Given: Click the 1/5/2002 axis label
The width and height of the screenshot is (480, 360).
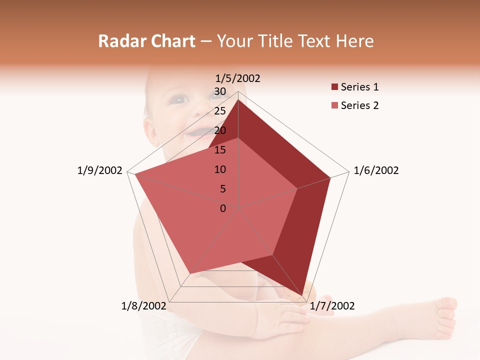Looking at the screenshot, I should (x=237, y=78).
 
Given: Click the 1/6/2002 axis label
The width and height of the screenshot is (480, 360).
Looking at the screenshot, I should (x=376, y=170).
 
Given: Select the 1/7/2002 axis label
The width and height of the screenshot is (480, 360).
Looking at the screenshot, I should (x=332, y=305).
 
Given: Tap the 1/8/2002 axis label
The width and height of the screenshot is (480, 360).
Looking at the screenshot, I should (x=144, y=305).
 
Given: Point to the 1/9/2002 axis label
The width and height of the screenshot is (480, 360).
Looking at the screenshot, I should (x=99, y=170).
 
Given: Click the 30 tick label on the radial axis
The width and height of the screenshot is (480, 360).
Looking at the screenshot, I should (x=220, y=91).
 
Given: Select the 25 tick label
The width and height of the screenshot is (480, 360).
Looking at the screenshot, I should (x=220, y=111).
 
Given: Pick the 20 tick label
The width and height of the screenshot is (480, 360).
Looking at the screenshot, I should (x=220, y=130).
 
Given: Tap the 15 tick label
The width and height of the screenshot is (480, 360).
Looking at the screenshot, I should (x=220, y=150).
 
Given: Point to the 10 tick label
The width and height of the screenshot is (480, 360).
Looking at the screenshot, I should (x=220, y=169).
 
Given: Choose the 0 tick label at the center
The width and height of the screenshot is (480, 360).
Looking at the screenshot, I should (x=223, y=208).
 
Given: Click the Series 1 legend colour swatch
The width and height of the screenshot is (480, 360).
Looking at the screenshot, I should (x=334, y=87).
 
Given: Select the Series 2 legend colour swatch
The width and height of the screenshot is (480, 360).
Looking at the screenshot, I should (x=334, y=105).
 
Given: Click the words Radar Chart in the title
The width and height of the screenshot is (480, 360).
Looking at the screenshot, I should (x=146, y=41).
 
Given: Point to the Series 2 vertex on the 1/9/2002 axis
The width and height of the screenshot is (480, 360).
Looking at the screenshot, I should (x=135, y=174).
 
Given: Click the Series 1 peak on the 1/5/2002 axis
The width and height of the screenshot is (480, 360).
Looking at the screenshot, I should (x=238, y=100).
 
